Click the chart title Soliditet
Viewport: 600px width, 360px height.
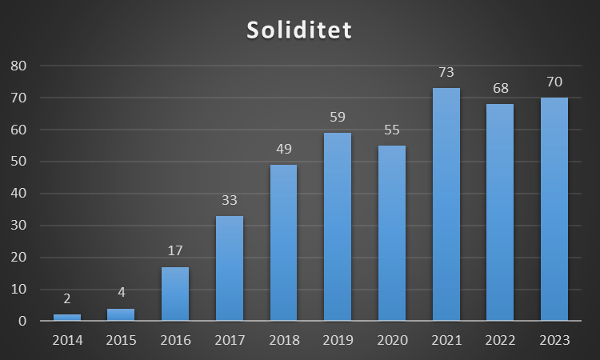coord(299,30)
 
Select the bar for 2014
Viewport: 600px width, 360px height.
coord(66,318)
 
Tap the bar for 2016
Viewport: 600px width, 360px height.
coord(175,294)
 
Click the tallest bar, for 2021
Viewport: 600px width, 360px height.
coord(446,204)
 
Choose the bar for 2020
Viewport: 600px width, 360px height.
coord(392,233)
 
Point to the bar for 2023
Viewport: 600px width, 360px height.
coord(554,209)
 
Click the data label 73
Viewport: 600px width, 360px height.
coord(446,73)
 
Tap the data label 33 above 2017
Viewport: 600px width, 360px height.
coord(230,201)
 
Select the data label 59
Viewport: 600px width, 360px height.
coord(338,118)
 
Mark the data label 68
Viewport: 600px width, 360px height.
coord(501,89)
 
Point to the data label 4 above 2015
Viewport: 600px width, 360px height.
coord(121,293)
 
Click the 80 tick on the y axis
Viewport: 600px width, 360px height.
coord(18,66)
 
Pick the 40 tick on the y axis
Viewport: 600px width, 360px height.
coord(18,194)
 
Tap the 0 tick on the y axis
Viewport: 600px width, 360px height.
coord(22,322)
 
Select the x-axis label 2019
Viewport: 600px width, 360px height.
coord(338,340)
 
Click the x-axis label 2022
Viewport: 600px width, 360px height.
coord(501,340)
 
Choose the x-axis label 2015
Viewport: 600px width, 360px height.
coord(121,340)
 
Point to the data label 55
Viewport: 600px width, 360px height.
coord(392,130)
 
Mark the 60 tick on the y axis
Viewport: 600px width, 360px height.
coord(18,130)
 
